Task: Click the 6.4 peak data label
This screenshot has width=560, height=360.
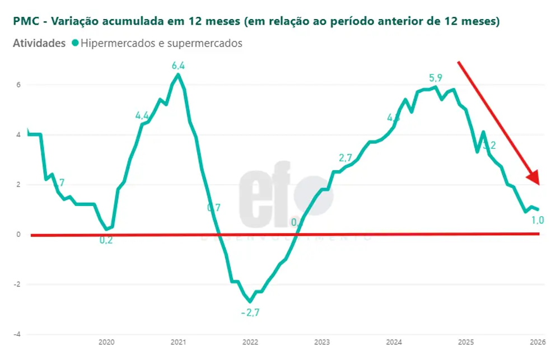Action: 178,66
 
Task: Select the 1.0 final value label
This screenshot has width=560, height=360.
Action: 537,220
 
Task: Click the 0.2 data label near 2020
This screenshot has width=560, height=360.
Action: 106,240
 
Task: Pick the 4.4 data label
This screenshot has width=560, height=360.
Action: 143,116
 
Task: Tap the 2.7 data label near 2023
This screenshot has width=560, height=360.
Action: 346,157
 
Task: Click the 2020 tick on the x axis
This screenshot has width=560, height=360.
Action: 106,342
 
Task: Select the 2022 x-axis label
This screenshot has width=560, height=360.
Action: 250,342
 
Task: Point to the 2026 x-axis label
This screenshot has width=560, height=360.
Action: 538,342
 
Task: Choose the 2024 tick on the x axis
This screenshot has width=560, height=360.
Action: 394,342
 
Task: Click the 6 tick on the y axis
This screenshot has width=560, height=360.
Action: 18,85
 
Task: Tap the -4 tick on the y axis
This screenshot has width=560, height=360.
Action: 17,334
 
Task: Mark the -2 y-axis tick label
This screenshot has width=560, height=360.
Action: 17,284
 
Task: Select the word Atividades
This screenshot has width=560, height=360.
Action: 39,43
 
